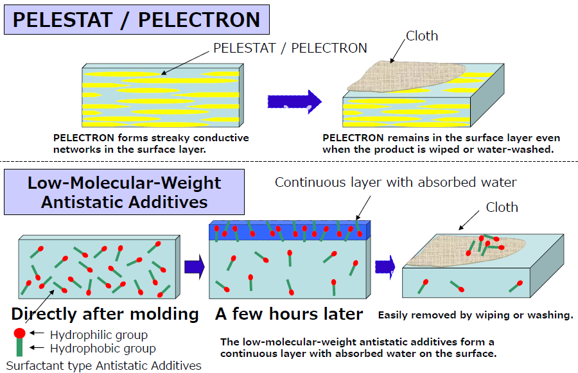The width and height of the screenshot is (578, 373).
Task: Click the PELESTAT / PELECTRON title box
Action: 137,19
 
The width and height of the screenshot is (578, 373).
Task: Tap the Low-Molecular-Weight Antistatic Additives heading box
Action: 124,192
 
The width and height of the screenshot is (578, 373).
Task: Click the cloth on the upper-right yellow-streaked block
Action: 405,76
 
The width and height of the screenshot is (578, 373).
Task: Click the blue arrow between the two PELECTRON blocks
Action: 295,101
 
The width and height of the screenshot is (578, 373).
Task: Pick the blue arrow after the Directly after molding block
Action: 194,266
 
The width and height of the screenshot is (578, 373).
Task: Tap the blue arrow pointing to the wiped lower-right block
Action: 385,267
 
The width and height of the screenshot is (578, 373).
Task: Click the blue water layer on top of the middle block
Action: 290,230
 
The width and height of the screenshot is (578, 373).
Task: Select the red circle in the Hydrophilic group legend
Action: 19,333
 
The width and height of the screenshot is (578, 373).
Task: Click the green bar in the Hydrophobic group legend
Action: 19,347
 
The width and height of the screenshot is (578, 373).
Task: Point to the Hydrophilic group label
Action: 99,334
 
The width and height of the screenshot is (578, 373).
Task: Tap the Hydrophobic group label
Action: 103,349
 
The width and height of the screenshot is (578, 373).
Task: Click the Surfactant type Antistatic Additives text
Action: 103,366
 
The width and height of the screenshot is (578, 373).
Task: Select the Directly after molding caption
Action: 105,314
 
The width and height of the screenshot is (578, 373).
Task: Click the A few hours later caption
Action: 289,314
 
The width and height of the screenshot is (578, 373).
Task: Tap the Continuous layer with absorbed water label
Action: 396,182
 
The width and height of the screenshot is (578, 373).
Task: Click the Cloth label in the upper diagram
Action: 422,36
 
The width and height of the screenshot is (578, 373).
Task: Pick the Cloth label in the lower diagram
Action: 502,207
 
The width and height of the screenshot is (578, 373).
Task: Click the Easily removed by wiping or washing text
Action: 476,315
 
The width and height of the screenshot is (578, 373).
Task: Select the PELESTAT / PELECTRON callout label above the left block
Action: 290,48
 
